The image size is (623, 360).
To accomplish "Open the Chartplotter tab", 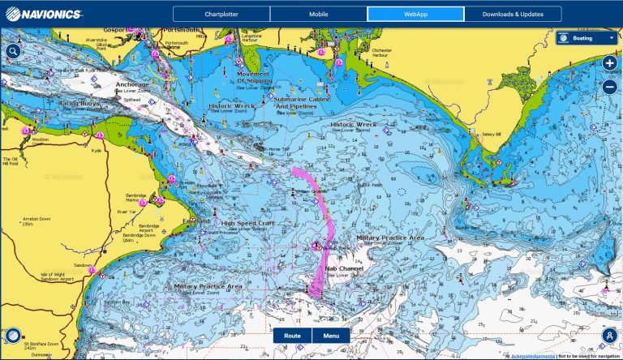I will pyautogui.click(x=221, y=14).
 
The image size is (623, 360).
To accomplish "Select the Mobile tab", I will pyautogui.click(x=318, y=14).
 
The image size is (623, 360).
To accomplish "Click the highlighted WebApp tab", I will pyautogui.click(x=415, y=14).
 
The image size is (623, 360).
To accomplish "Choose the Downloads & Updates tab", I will pyautogui.click(x=513, y=14).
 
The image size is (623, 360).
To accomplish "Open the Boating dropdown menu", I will pyautogui.click(x=586, y=37).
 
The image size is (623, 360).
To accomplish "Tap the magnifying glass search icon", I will pyautogui.click(x=12, y=51).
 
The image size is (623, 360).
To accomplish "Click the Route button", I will pyautogui.click(x=292, y=335).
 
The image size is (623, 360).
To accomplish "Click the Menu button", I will pyautogui.click(x=331, y=335).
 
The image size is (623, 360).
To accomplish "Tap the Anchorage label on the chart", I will pyautogui.click(x=132, y=84).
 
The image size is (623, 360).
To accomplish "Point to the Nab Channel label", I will pyautogui.click(x=345, y=268).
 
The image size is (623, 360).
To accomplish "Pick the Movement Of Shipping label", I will pyautogui.click(x=254, y=77).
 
